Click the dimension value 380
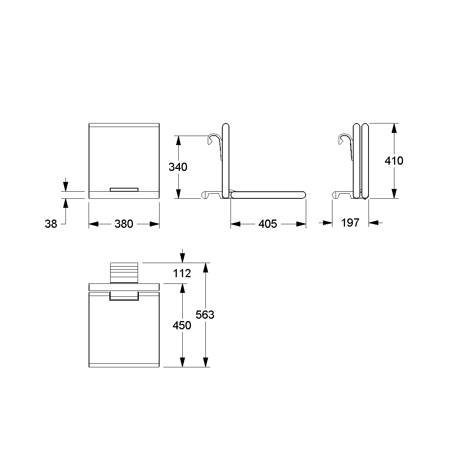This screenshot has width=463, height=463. point(124,224)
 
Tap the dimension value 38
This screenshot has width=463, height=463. point(51,224)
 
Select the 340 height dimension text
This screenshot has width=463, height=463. point(178,167)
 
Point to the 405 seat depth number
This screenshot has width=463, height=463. point(267,224)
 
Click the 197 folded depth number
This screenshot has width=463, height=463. point(350,223)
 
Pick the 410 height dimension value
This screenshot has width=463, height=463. point(394,161)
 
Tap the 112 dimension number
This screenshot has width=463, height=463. point(182,273)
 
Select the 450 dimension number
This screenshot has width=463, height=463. point(182,325)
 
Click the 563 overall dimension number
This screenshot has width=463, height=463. point(205,315)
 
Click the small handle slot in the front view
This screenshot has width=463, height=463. point(124,189)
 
